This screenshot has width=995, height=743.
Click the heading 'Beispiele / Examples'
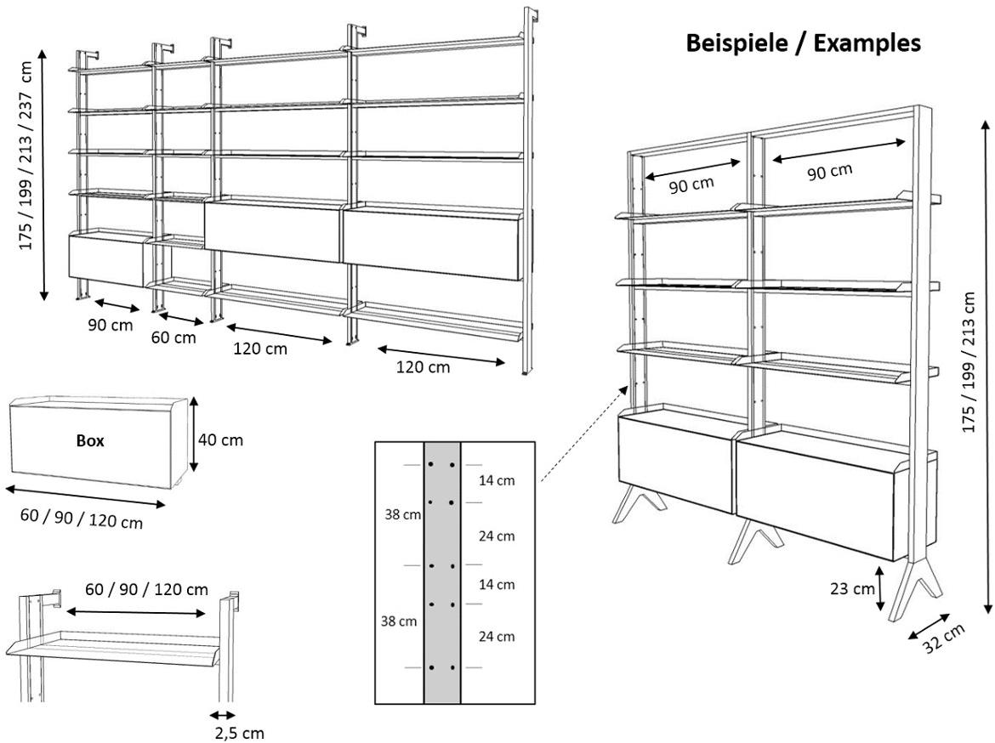tap(803, 43)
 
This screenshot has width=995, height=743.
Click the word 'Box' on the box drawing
tap(90, 441)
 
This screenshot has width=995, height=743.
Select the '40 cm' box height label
tap(220, 440)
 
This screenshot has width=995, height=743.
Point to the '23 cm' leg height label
tap(850, 588)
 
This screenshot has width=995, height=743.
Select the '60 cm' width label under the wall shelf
tap(173, 337)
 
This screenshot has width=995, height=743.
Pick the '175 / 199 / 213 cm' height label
tap(969, 361)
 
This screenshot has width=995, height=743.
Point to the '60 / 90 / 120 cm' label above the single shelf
tap(147, 589)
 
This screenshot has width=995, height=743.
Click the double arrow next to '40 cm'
tap(195, 434)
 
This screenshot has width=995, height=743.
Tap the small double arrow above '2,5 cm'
tap(223, 715)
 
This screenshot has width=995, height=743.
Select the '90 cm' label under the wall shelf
tap(110, 326)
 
